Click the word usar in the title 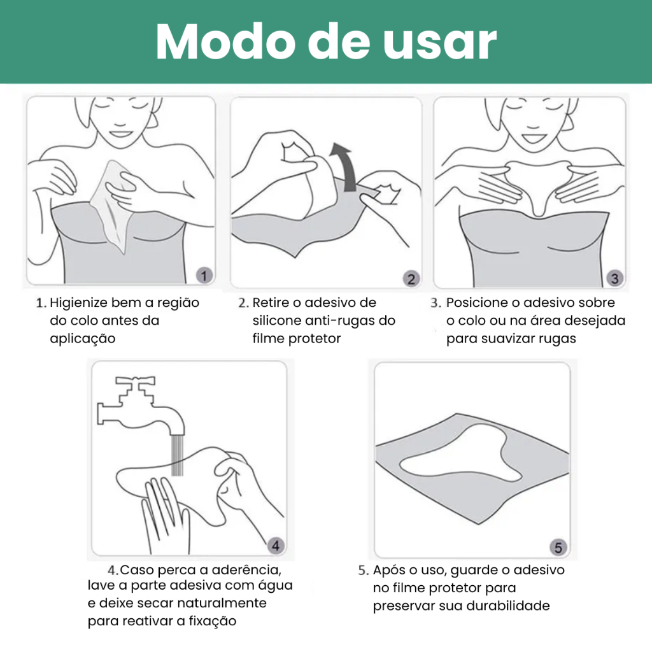click(439, 42)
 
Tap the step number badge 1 click(204, 275)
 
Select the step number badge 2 click(411, 279)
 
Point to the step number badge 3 click(614, 278)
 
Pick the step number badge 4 click(275, 546)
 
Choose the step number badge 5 click(558, 547)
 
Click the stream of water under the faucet click(178, 455)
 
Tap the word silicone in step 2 click(277, 321)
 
